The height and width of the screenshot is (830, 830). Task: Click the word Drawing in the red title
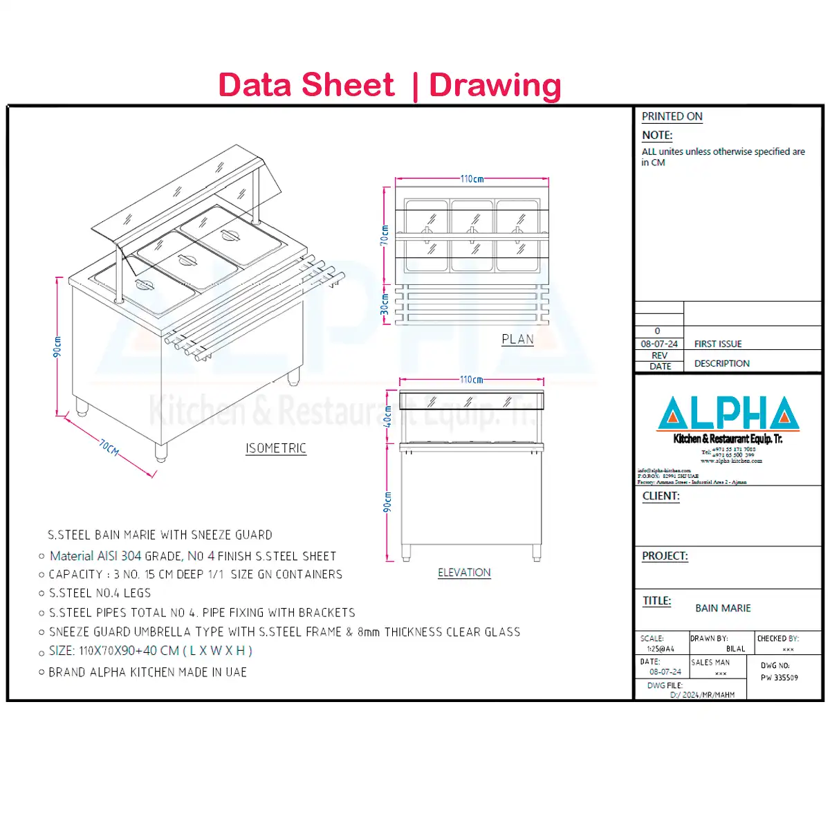pyautogui.click(x=495, y=85)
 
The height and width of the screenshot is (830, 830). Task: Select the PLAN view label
pyautogui.click(x=517, y=340)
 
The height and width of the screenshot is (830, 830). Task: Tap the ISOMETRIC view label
pyautogui.click(x=276, y=448)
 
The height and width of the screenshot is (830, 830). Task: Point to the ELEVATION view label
pyautogui.click(x=464, y=573)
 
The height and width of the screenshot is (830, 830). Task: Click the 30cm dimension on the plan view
pyautogui.click(x=385, y=304)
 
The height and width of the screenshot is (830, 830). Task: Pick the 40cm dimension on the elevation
pyautogui.click(x=388, y=416)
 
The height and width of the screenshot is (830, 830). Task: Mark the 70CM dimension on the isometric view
pyautogui.click(x=109, y=448)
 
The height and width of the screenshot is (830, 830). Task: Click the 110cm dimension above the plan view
pyautogui.click(x=472, y=179)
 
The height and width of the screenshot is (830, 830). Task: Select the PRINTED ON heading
pyautogui.click(x=672, y=116)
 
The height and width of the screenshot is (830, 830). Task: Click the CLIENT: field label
pyautogui.click(x=661, y=496)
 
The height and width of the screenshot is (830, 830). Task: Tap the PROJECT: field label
pyautogui.click(x=665, y=556)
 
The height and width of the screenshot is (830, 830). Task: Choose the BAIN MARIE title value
pyautogui.click(x=723, y=608)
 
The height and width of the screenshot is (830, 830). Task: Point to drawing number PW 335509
pyautogui.click(x=779, y=678)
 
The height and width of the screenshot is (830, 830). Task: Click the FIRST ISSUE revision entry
pyautogui.click(x=717, y=344)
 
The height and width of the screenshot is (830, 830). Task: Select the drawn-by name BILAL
pyautogui.click(x=735, y=649)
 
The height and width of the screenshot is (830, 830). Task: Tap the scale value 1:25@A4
pyautogui.click(x=660, y=649)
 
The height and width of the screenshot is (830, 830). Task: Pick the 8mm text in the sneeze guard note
pyautogui.click(x=369, y=632)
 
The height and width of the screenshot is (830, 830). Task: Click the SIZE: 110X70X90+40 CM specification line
pyautogui.click(x=150, y=651)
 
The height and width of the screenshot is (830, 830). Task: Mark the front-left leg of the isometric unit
pyautogui.click(x=160, y=452)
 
